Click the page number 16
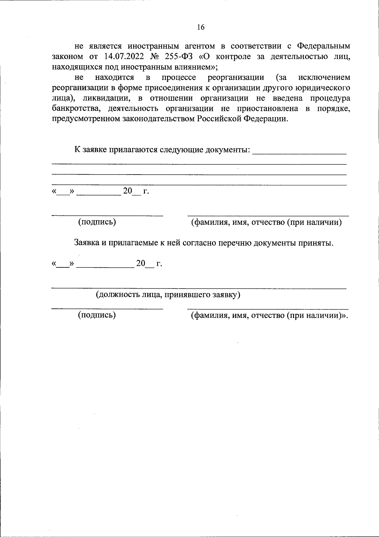[201, 27]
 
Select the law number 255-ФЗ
[179, 57]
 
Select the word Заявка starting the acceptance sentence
[86, 243]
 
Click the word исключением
[324, 77]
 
